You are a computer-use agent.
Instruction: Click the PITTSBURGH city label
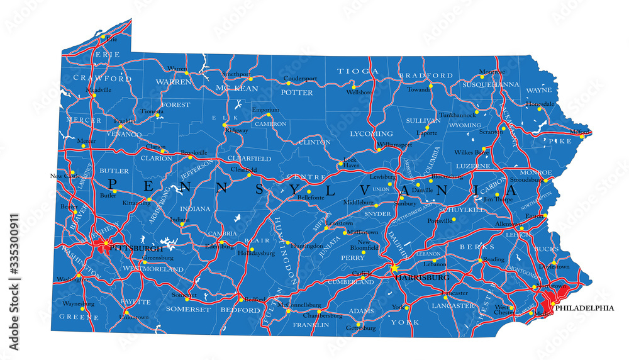[135, 249]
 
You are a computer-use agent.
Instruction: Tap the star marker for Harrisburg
[394, 269]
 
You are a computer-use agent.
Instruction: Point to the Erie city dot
[103, 37]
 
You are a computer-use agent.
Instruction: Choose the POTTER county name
[296, 93]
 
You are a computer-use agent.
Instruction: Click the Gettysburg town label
[360, 328]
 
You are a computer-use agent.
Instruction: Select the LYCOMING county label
[371, 133]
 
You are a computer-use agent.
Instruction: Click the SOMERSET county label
[188, 310]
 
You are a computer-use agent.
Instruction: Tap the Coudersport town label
[300, 78]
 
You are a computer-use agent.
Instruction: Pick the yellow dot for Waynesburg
[82, 309]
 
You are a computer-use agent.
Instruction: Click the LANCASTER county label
[452, 306]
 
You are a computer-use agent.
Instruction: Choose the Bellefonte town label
[311, 197]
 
